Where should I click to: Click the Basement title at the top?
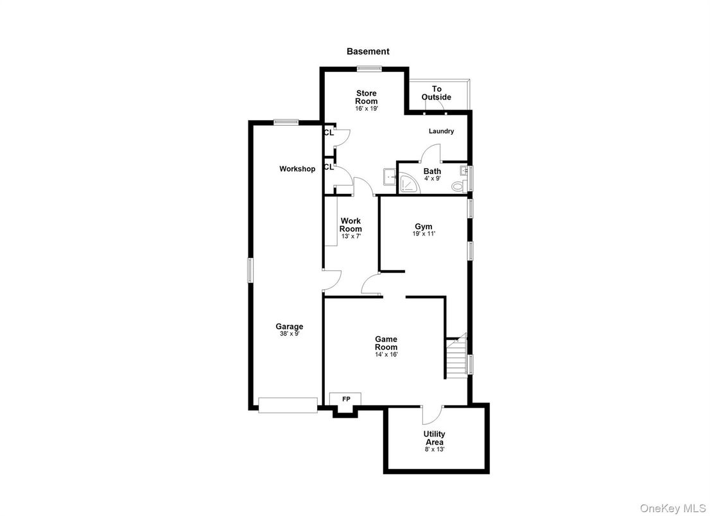click(x=368, y=51)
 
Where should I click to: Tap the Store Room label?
click(x=367, y=98)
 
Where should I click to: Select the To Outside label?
click(x=437, y=93)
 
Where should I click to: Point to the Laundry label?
click(x=442, y=132)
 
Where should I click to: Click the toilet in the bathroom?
click(x=458, y=186)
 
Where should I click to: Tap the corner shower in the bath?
click(x=409, y=186)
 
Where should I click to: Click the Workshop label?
click(x=297, y=169)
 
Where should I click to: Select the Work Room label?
click(x=351, y=225)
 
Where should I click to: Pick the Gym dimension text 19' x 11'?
click(x=424, y=234)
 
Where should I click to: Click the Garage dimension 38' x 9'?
click(x=290, y=334)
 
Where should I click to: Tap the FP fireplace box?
click(x=345, y=399)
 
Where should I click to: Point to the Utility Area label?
click(x=434, y=438)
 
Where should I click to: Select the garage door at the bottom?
click(x=288, y=404)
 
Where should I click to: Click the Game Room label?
click(x=386, y=343)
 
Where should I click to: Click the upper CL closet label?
click(x=329, y=133)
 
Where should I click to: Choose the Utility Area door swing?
click(x=432, y=415)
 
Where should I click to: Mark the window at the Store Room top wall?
click(x=369, y=69)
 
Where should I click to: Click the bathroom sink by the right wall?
click(x=463, y=171)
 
